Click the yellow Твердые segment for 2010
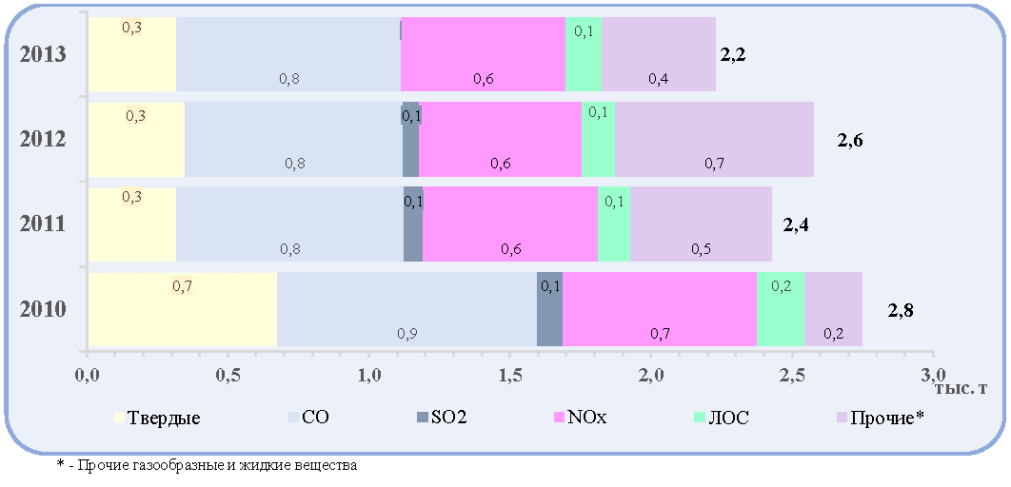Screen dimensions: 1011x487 pyautogui.click(x=183, y=309)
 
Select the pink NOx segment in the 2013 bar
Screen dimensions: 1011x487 pyautogui.click(x=483, y=54)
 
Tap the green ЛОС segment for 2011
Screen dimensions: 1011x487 pyautogui.click(x=614, y=224)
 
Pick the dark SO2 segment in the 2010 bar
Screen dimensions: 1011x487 pyautogui.click(x=549, y=309)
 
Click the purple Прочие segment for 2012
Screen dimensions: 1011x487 pyautogui.click(x=714, y=139)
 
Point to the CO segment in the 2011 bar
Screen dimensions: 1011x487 pyautogui.click(x=289, y=224)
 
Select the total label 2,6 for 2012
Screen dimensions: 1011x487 pyautogui.click(x=850, y=140)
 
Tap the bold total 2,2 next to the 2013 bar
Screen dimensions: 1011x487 pyautogui.click(x=733, y=55)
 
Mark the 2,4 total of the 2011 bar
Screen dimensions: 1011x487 pyautogui.click(x=796, y=224)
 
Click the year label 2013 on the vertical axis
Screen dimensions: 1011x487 pyautogui.click(x=43, y=54)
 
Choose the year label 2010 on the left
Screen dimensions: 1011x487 pyautogui.click(x=43, y=309)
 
